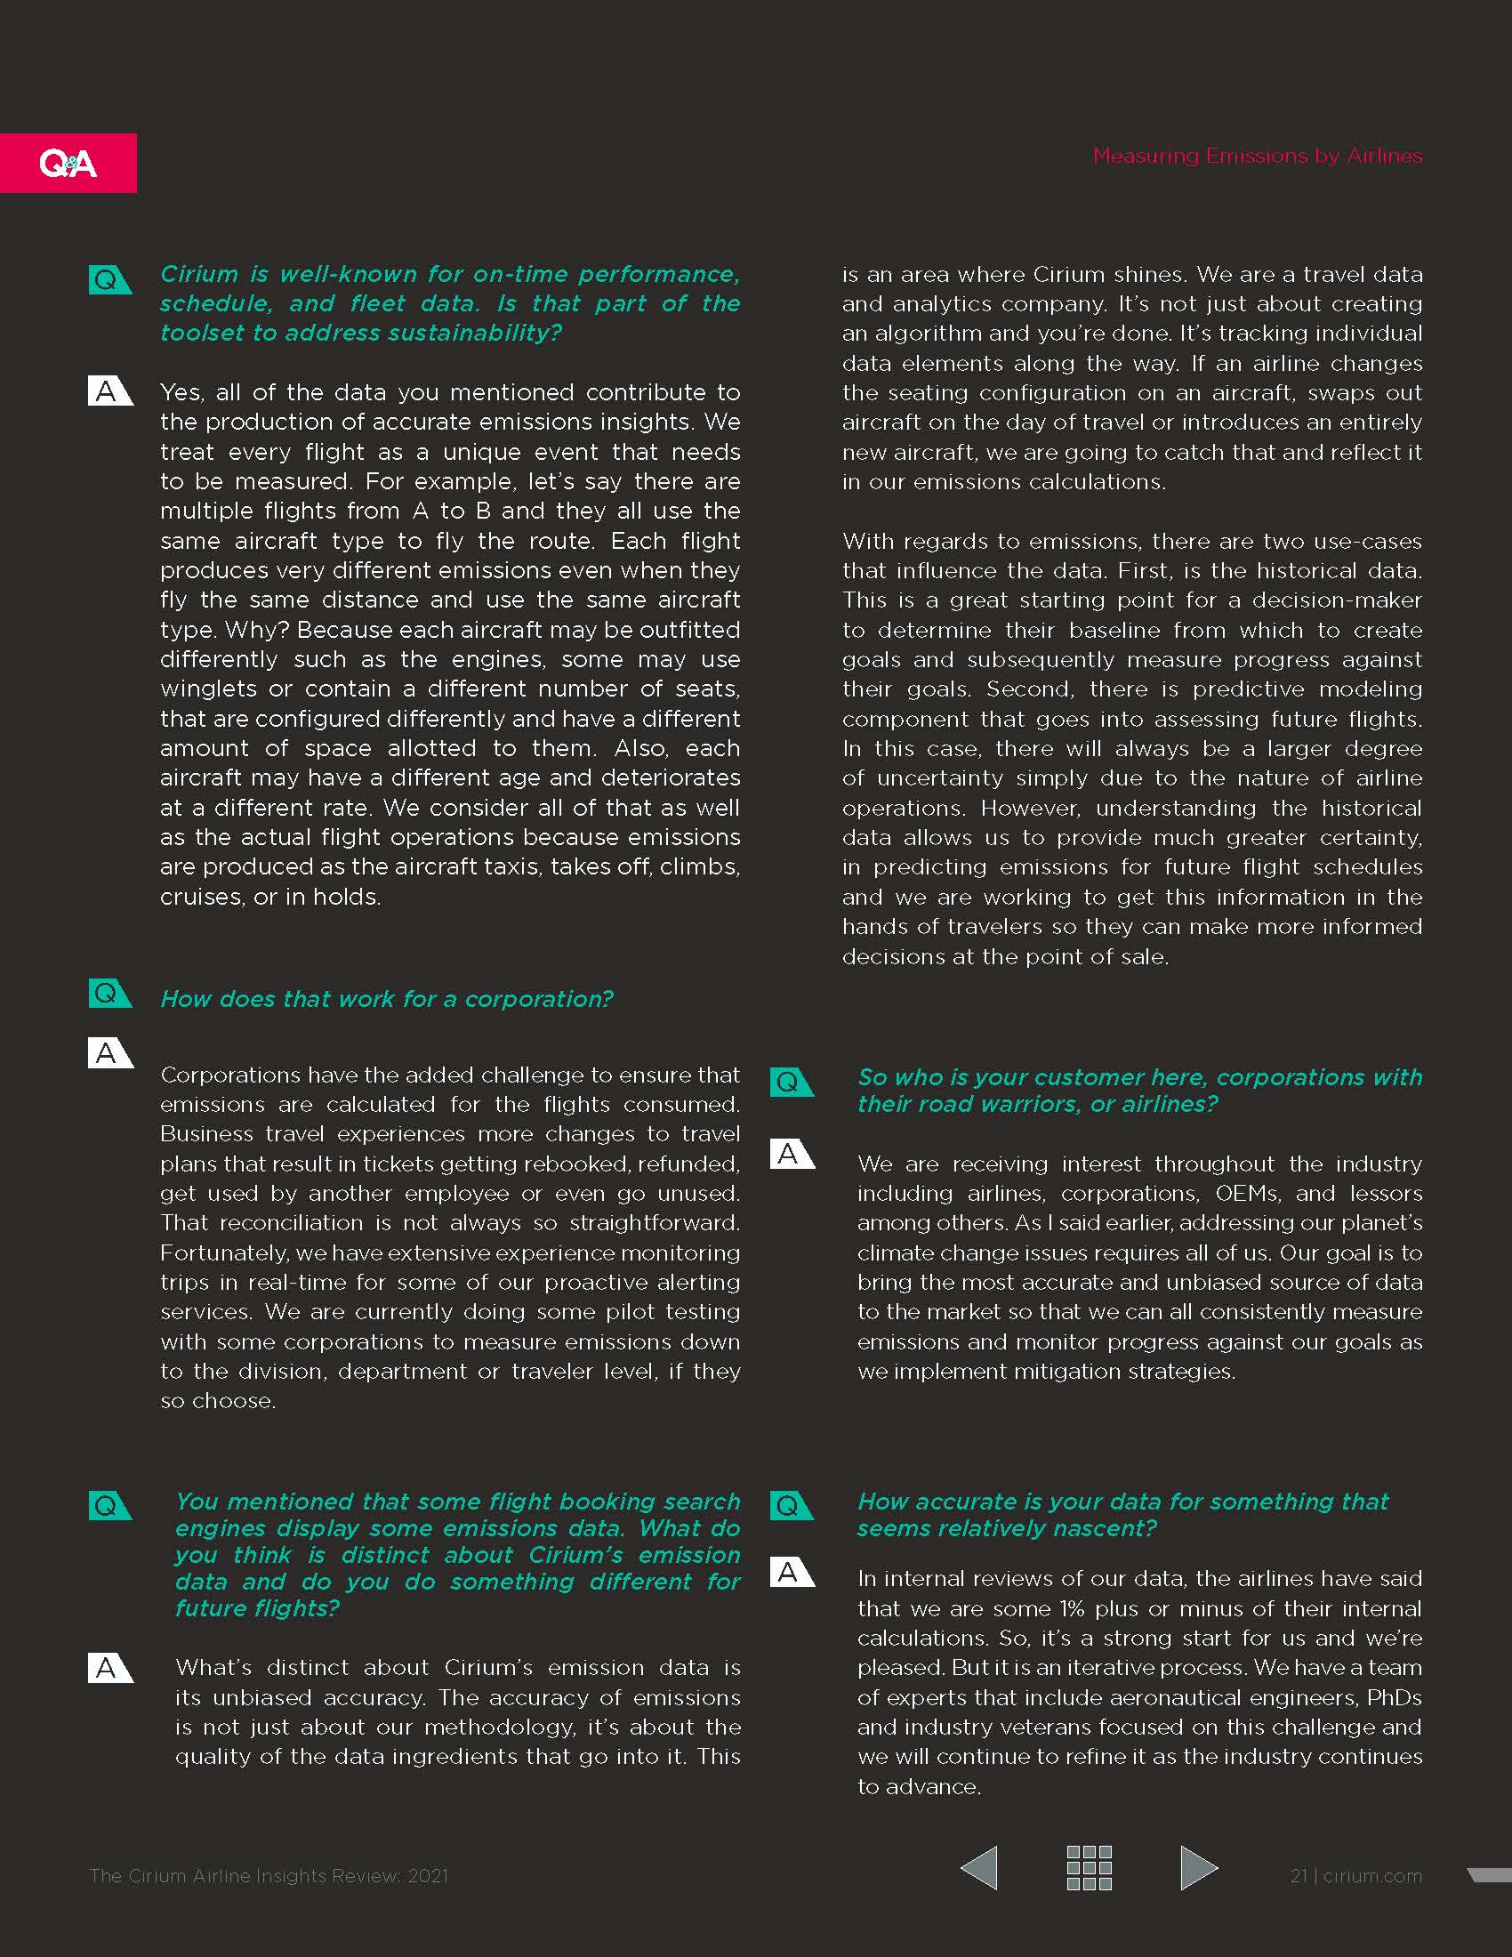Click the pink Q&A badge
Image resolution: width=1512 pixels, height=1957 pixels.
(68, 163)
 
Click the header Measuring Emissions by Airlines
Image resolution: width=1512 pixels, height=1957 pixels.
(1257, 156)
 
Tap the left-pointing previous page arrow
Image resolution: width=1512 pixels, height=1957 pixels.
(979, 1868)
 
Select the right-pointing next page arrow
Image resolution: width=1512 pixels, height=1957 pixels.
(1199, 1868)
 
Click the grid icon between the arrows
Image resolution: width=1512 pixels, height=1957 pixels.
(1090, 1868)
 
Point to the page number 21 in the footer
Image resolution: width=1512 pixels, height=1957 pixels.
(1299, 1876)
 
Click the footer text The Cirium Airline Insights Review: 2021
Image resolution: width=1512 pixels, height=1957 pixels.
(269, 1876)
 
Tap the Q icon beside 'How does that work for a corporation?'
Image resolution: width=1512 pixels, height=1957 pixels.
(109, 994)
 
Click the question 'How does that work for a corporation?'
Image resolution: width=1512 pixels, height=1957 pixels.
(386, 999)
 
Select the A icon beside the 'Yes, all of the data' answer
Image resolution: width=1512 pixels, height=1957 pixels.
(109, 391)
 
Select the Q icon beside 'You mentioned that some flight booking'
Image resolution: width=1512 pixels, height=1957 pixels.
(109, 1506)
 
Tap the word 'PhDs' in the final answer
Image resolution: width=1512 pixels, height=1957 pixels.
(1394, 1698)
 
